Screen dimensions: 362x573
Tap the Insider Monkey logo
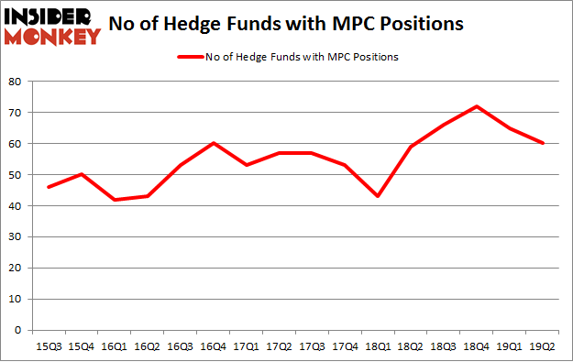pyautogui.click(x=51, y=26)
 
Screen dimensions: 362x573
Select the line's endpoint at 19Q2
pyautogui.click(x=543, y=144)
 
